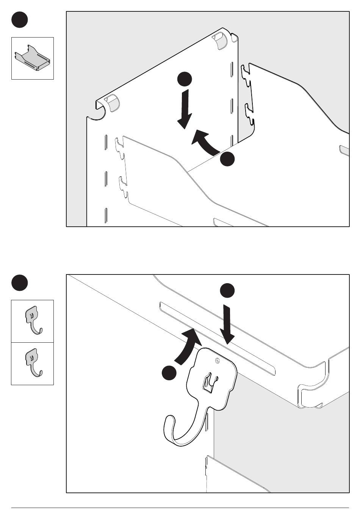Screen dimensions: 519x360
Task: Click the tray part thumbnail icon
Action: [32, 58]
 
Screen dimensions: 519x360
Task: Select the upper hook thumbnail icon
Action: [33, 321]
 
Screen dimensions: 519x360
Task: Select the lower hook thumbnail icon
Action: [33, 364]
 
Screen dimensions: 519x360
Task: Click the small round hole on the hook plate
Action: [217, 360]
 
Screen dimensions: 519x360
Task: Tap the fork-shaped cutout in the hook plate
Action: [209, 383]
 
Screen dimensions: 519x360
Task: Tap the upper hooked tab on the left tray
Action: [120, 144]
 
